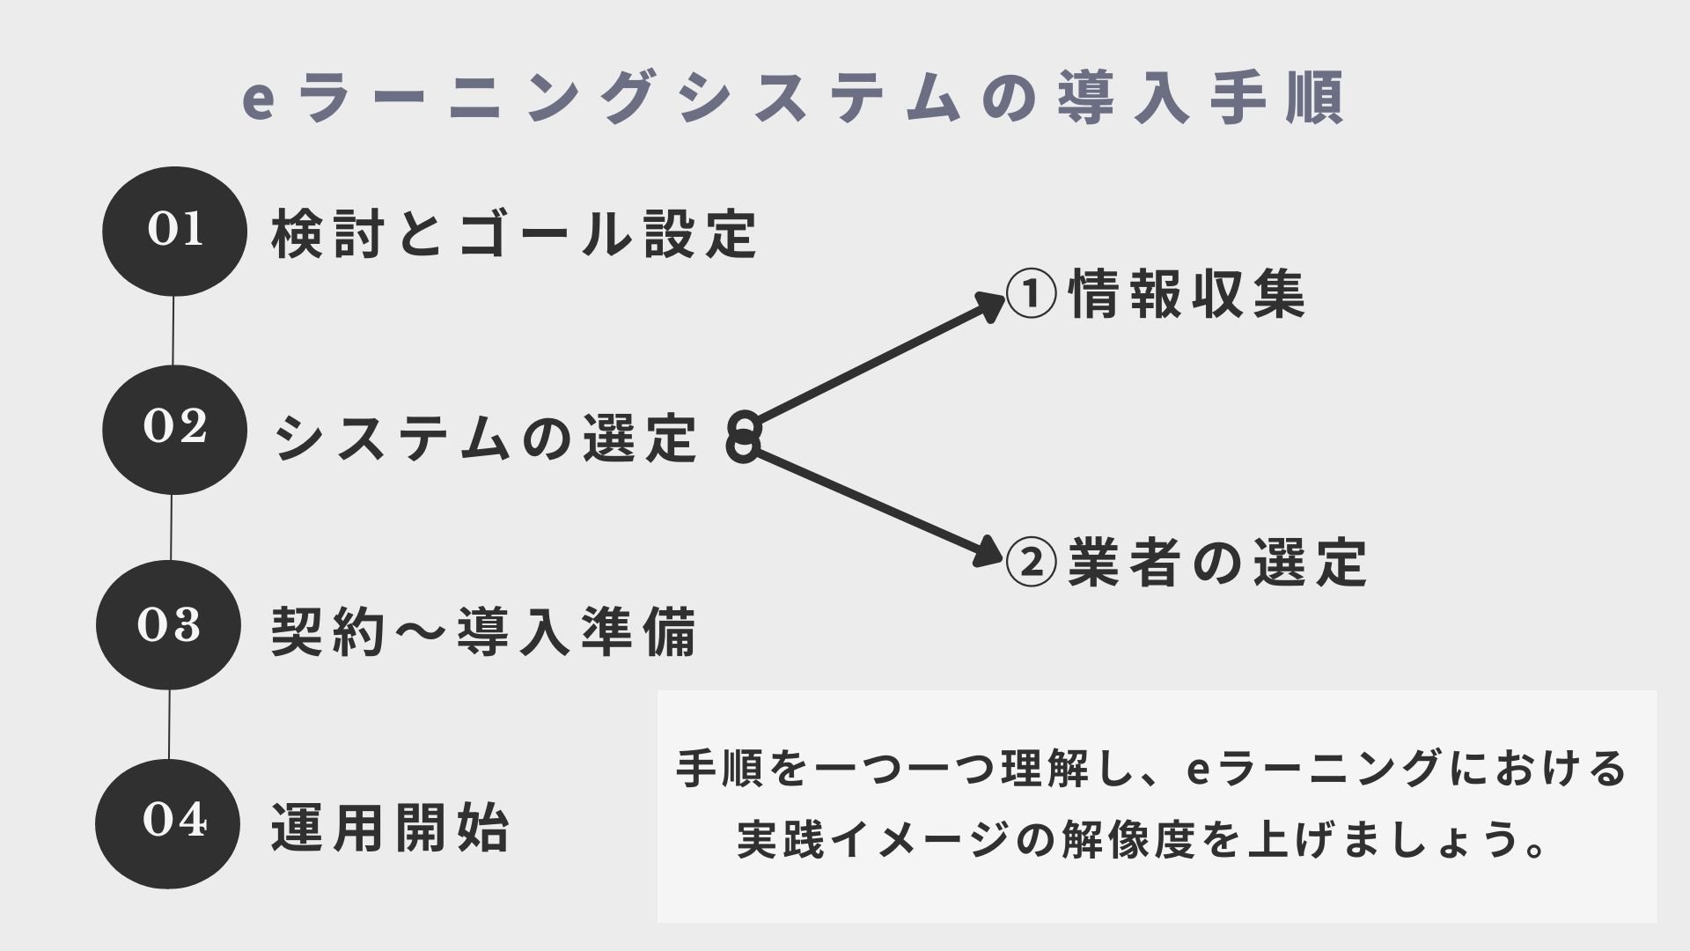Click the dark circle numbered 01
(x=174, y=232)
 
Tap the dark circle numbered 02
(x=174, y=430)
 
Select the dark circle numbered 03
(x=168, y=625)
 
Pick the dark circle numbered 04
(x=168, y=823)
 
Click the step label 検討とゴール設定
(x=515, y=234)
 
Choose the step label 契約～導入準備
(x=483, y=631)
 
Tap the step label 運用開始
(x=390, y=828)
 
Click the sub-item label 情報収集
(x=1187, y=293)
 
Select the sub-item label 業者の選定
(x=1217, y=562)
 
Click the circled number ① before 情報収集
(x=1031, y=294)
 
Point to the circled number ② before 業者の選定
(x=1031, y=563)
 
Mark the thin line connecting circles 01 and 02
(x=173, y=331)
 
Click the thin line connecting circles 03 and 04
(x=169, y=725)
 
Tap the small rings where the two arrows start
(x=744, y=437)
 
